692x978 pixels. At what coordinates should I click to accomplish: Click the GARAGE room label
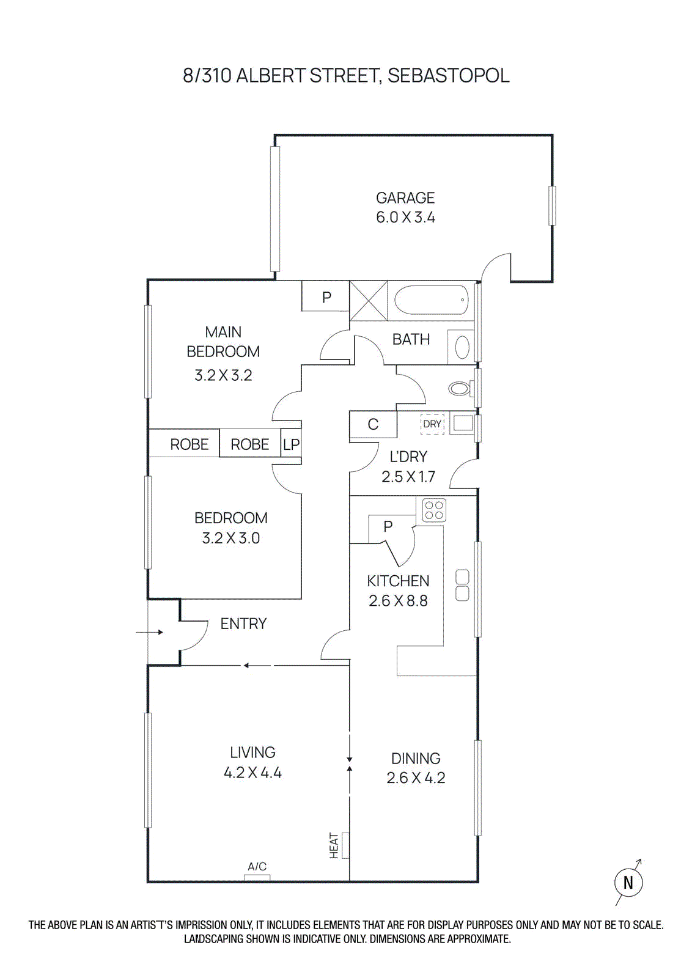coord(405,198)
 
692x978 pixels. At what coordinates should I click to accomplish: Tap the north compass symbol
coord(628,882)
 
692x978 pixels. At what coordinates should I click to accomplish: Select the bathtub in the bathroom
coord(430,300)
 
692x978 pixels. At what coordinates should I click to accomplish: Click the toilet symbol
coord(459,388)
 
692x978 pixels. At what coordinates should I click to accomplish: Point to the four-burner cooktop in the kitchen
coord(434,510)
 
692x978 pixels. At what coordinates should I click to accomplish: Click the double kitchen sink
coord(462,585)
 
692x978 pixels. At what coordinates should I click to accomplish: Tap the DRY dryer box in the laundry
coord(432,424)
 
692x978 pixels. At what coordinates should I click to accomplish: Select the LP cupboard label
coord(291,444)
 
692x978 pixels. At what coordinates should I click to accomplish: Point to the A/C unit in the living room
coord(257,877)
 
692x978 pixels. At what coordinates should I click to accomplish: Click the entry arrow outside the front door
coord(149,632)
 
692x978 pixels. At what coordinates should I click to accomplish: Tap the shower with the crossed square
coord(368,300)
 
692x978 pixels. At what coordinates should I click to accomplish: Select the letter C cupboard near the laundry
coord(373,424)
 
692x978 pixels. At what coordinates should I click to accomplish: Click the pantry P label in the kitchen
coord(388,527)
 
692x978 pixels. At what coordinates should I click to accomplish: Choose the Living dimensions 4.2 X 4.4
coord(252,773)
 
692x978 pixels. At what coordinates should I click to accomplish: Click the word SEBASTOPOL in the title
coord(448,76)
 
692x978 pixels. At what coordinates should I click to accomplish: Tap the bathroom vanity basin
coord(462,347)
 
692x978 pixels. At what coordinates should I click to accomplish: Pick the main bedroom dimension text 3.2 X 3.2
coord(223,375)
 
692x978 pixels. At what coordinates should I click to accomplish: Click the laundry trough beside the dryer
coord(463,424)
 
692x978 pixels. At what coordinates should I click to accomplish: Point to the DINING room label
coord(416,759)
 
